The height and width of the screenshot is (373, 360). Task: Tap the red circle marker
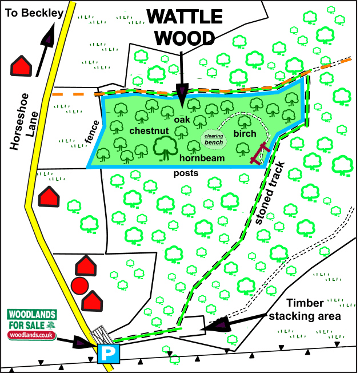[x=79, y=285]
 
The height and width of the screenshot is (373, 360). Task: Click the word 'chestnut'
[x=147, y=131]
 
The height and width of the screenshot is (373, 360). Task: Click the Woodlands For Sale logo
[x=31, y=324]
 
